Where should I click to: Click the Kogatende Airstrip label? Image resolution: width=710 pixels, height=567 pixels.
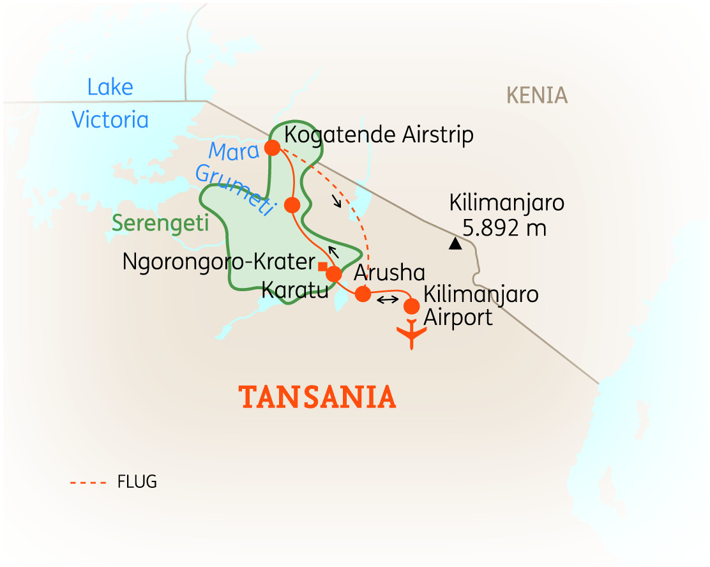click(x=379, y=135)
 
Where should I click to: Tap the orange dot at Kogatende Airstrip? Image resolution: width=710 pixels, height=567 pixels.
click(x=272, y=147)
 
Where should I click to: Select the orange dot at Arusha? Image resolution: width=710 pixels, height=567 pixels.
click(x=363, y=294)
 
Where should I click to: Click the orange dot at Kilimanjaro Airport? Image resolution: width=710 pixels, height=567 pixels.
click(x=412, y=306)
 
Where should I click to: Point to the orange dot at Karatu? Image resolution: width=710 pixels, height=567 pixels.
click(x=333, y=275)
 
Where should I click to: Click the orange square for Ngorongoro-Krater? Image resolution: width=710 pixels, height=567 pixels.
click(x=323, y=266)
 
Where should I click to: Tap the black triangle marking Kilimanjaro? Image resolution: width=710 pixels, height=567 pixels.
click(x=455, y=243)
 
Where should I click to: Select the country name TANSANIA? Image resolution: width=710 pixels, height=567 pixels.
click(x=317, y=398)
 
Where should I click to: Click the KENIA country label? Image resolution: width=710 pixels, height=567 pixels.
click(x=537, y=96)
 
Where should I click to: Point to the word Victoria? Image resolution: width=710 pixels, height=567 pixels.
click(x=110, y=119)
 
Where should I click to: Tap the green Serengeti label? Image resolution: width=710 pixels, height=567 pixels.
click(x=151, y=223)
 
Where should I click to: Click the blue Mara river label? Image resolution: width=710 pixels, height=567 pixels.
click(x=232, y=151)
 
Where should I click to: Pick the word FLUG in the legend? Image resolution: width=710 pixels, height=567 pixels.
click(x=137, y=482)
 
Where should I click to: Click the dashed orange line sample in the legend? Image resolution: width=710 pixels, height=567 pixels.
click(x=87, y=483)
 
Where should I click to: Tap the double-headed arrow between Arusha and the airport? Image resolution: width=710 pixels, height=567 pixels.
click(x=387, y=300)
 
